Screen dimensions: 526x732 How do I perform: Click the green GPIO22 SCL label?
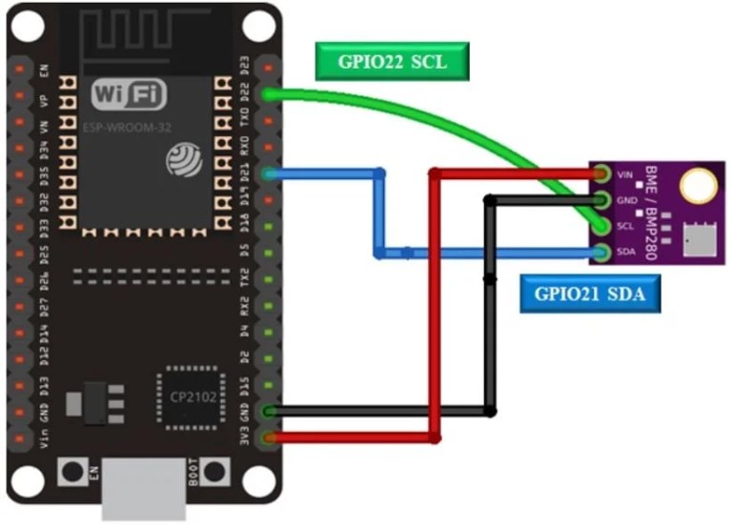coord(392,62)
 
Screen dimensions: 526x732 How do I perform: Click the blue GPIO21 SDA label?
coord(591,295)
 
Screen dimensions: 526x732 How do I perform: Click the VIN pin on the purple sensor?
coord(600,174)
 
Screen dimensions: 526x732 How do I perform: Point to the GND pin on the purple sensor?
coord(600,200)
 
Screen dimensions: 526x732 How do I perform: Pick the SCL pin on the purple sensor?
coord(600,227)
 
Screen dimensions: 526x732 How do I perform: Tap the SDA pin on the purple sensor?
coord(600,253)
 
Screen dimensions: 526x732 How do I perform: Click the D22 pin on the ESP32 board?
coord(270,94)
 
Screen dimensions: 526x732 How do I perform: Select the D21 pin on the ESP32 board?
coord(270,173)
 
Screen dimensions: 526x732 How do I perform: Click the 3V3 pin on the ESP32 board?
coord(270,438)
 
